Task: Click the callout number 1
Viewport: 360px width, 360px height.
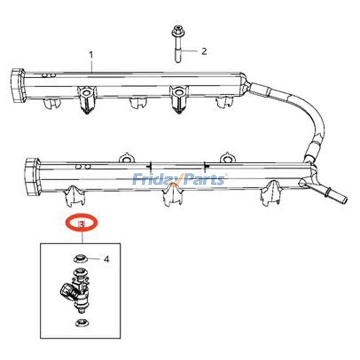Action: (91, 55)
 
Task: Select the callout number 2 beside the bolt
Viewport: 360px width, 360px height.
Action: (204, 51)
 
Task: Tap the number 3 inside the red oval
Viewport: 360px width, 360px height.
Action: (82, 224)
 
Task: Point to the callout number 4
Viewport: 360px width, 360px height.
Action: (106, 260)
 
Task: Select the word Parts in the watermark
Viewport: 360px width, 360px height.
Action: (202, 180)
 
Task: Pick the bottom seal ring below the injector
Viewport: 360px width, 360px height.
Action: (82, 323)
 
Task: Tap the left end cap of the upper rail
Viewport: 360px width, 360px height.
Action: (17, 85)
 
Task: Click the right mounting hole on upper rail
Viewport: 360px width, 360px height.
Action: (178, 93)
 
